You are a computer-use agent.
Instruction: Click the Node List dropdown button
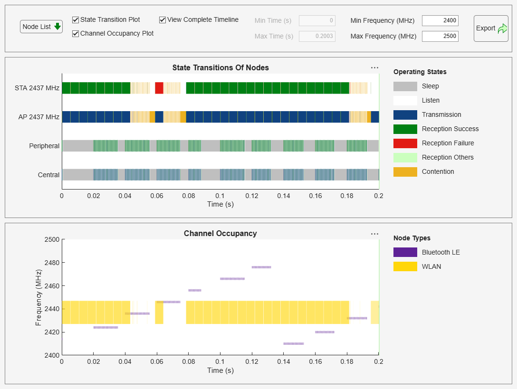pos(41,27)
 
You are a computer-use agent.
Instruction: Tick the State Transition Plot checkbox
pos(76,20)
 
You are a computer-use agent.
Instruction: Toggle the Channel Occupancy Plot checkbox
pos(76,34)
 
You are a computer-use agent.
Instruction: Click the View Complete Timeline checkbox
pos(163,20)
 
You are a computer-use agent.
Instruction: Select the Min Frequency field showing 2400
pos(440,21)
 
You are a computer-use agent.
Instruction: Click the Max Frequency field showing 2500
pos(440,36)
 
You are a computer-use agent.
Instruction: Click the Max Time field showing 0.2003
pos(317,36)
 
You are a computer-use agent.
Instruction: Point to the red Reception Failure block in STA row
pos(159,88)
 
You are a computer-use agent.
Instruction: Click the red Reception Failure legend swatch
pos(405,143)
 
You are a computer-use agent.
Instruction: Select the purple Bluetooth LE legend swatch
pos(405,252)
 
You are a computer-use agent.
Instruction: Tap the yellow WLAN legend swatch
pos(405,266)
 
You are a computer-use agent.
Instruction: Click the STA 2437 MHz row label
pos(37,88)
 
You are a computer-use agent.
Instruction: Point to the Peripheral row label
pos(44,146)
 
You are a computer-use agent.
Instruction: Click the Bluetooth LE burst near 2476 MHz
pos(261,267)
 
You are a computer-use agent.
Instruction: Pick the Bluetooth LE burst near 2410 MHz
pos(293,343)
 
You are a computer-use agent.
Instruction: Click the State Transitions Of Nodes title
pos(220,67)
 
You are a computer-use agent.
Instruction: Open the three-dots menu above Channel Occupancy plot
pos(374,234)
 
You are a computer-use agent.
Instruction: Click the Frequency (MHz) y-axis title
pos(38,297)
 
